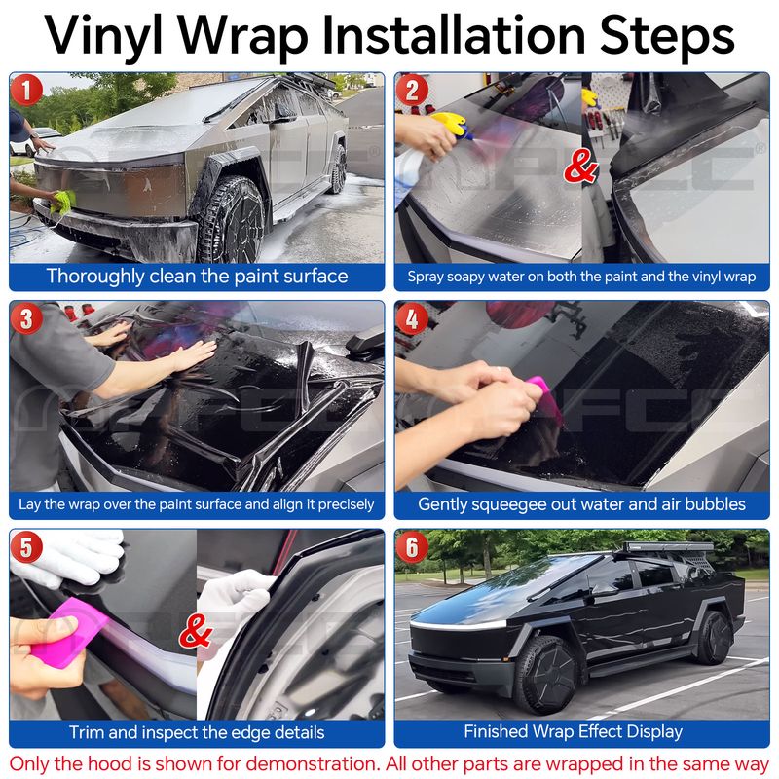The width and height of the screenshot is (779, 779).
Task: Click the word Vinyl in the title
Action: coord(104,36)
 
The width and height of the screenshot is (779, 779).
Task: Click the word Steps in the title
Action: coord(667,34)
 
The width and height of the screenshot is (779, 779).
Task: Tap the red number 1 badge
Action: coord(26,90)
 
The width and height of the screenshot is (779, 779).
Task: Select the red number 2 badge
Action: coord(412,90)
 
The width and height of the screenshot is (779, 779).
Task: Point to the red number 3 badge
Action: coord(26,318)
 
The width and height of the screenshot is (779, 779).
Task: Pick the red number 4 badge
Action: coord(412,318)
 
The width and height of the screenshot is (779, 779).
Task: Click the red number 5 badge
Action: coord(26,547)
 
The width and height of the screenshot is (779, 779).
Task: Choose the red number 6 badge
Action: coord(412,547)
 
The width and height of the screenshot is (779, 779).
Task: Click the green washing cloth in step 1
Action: coord(62,202)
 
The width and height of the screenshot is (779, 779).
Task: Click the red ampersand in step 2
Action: coord(580,166)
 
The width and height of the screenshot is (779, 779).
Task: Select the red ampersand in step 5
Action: coord(196,631)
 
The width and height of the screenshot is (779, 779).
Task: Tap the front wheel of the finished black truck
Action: coord(545,675)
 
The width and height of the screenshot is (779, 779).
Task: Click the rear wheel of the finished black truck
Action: coord(714,638)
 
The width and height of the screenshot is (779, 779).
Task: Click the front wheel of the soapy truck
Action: coord(234,221)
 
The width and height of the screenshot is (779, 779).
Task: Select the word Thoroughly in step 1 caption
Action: coord(94,277)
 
